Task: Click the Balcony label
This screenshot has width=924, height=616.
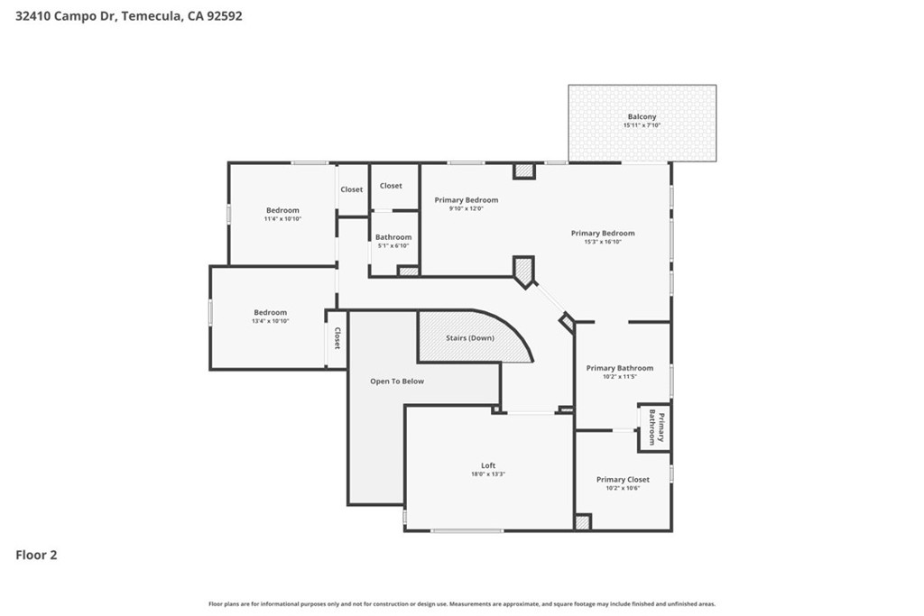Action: pos(642,116)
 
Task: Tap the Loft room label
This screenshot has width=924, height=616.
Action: pos(488,465)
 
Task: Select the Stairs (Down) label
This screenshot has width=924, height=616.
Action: pos(469,338)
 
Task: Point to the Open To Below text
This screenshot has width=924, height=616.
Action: pos(397,381)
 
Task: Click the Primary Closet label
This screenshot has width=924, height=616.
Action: pos(623,480)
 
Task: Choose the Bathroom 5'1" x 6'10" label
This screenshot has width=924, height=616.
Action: pos(393,241)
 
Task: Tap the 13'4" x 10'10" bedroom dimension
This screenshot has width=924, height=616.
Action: pos(271,321)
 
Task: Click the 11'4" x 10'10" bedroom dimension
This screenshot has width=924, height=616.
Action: pos(282,218)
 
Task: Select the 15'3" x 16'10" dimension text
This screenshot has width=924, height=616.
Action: pos(603,242)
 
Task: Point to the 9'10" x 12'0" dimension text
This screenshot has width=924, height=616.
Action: pos(467,208)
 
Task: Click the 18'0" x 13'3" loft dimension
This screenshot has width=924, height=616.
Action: pos(488,474)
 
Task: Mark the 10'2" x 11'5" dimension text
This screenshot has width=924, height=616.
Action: pos(619,377)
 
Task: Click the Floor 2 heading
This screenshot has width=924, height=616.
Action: pos(36,555)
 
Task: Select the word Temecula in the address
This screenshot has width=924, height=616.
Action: pos(152,16)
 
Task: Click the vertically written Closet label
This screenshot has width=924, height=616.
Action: pos(337,338)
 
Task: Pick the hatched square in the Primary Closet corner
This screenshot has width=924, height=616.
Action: pos(582,522)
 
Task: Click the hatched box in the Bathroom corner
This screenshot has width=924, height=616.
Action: pos(408,271)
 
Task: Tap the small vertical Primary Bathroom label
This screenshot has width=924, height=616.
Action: pos(656,427)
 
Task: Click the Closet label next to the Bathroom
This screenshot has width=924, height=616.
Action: pos(391,186)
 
